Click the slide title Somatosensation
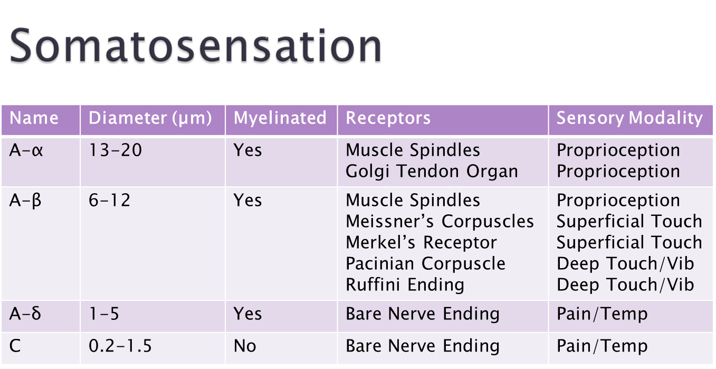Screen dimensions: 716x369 click(x=196, y=45)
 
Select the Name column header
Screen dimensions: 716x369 click(x=34, y=118)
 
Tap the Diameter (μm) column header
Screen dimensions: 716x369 click(x=150, y=118)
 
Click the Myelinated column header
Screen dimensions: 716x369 click(x=280, y=118)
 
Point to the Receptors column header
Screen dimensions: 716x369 click(x=388, y=118)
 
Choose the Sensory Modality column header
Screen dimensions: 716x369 click(x=629, y=118)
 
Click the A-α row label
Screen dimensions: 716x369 click(x=26, y=150)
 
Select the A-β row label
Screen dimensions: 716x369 click(x=25, y=201)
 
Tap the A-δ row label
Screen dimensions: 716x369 click(x=25, y=313)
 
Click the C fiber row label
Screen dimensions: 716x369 click(x=15, y=346)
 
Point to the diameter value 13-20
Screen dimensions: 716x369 click(x=115, y=150)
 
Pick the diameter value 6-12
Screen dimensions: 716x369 click(x=109, y=201)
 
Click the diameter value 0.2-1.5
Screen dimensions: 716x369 click(x=120, y=346)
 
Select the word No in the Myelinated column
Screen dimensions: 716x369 click(x=245, y=346)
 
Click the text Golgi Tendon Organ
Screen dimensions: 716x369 click(x=432, y=172)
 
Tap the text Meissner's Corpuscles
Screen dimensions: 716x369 click(x=440, y=221)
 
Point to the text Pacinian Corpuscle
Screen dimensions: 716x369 click(x=426, y=264)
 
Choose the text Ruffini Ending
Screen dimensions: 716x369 click(x=405, y=285)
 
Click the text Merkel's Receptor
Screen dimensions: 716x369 click(x=421, y=242)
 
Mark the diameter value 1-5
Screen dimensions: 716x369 click(x=104, y=313)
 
